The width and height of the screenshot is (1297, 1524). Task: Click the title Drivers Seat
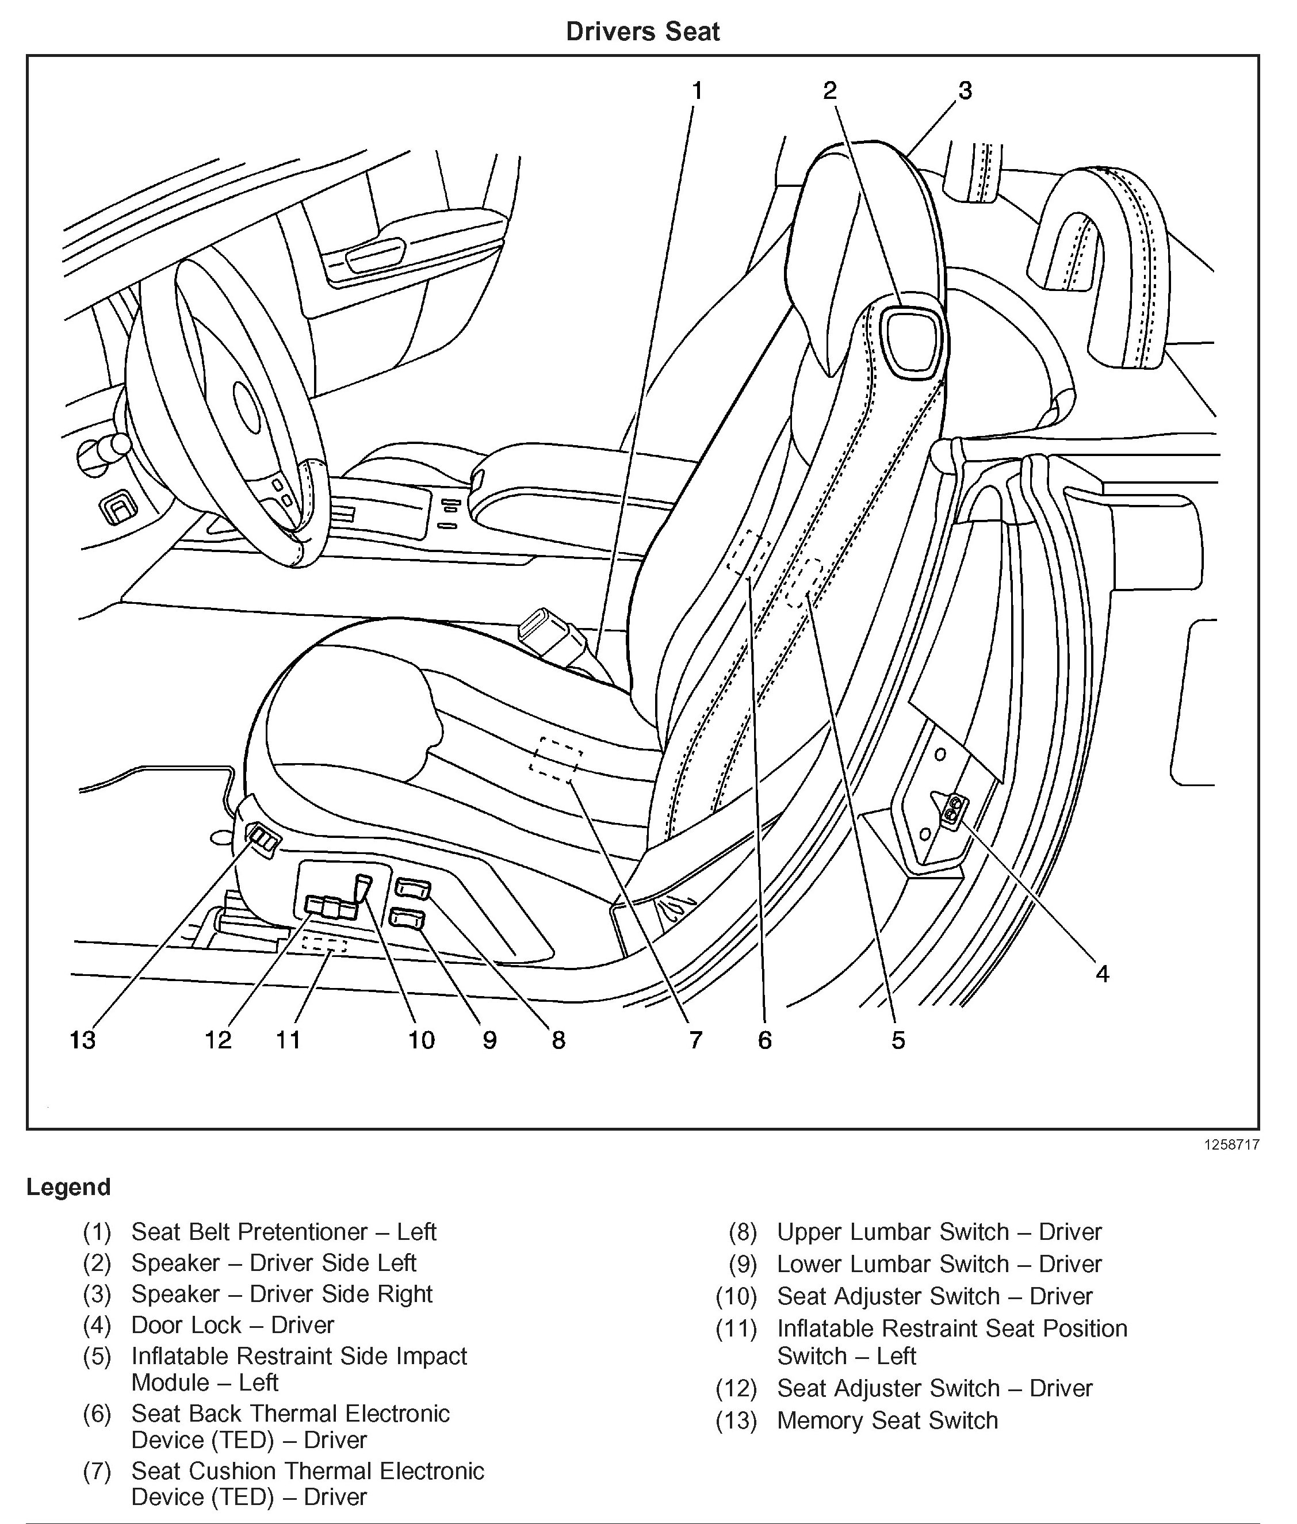click(642, 32)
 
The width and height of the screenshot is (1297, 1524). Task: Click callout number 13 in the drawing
click(82, 1040)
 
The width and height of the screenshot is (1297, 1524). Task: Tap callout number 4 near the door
click(1101, 974)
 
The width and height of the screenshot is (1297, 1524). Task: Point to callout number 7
click(695, 1040)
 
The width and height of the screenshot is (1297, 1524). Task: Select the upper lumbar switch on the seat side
click(412, 889)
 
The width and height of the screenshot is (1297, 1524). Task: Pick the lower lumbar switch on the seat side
click(408, 919)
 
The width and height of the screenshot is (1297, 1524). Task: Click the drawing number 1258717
click(1231, 1144)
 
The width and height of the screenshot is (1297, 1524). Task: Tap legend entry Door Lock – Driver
click(232, 1325)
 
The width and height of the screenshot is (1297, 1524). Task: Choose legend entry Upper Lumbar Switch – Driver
click(939, 1231)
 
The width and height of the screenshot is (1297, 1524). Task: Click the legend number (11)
click(736, 1328)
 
